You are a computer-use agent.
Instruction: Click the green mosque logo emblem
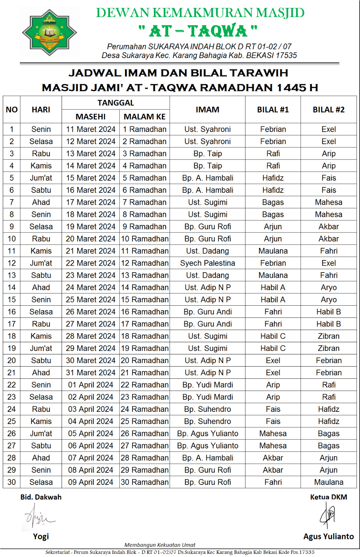[x=49, y=33]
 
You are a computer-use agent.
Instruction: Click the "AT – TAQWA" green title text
[x=198, y=31]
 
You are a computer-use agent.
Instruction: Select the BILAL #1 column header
[x=273, y=110]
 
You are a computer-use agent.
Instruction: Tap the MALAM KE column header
[x=144, y=117]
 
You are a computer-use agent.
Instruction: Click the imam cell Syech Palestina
[x=208, y=263]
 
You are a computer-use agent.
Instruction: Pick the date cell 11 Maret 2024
[x=91, y=129]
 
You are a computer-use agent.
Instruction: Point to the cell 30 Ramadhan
[x=144, y=482]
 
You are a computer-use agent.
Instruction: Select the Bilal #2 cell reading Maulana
[x=329, y=482]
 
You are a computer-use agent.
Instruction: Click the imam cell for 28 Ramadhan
[x=208, y=458]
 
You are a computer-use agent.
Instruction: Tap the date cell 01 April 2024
[x=91, y=385]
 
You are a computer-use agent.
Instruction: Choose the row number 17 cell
[x=11, y=324]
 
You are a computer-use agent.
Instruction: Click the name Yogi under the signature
[x=41, y=536]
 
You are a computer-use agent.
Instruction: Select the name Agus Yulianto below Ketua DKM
[x=328, y=536]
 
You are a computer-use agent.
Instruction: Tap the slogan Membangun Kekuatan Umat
[x=160, y=545]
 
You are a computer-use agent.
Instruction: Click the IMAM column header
[x=208, y=110]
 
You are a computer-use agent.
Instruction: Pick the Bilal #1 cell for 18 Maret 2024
[x=273, y=214]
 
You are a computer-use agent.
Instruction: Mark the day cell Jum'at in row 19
[x=41, y=348]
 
